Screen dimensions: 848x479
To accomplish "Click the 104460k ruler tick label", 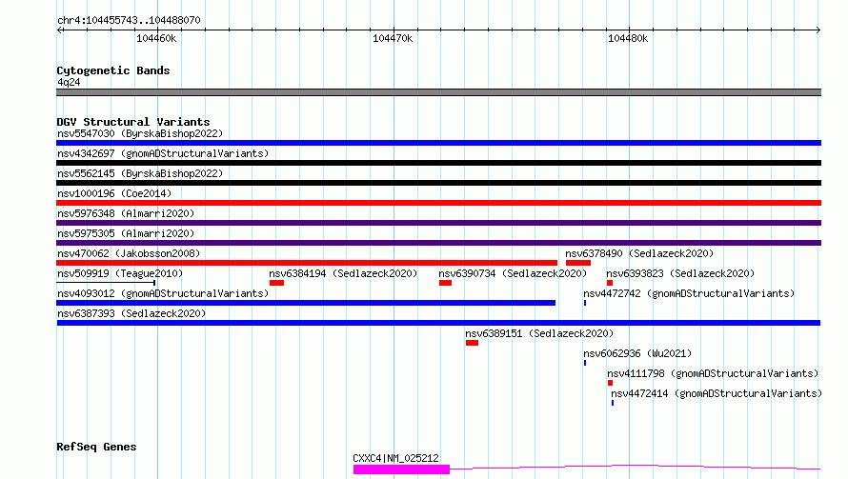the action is [156, 38].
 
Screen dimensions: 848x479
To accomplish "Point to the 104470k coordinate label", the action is [393, 38].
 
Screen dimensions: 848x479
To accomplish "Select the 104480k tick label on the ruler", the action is [628, 38].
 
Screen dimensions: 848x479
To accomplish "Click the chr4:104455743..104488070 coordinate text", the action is [129, 20].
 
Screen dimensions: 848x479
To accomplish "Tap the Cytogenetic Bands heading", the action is [113, 70].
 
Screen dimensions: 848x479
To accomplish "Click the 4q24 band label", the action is [69, 82].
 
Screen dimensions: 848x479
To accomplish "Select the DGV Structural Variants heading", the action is [133, 122].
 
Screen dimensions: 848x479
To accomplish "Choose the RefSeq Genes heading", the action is [96, 447].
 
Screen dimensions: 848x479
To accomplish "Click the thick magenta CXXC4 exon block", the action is [401, 469].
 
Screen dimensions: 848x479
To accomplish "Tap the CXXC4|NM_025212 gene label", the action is [395, 458].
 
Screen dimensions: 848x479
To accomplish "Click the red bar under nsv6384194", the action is [277, 283].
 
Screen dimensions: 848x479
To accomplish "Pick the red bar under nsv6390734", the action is [446, 283].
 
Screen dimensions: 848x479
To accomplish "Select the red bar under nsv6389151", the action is [473, 343].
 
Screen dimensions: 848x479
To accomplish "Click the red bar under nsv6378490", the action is [578, 263].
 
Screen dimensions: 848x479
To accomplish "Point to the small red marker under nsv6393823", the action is [610, 283].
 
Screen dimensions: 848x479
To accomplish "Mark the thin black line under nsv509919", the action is [106, 282].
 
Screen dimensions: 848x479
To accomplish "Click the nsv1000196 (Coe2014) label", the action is [114, 193].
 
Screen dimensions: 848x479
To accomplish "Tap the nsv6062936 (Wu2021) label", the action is [637, 353].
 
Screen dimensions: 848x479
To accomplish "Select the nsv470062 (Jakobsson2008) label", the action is [129, 253].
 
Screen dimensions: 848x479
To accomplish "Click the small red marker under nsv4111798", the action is [610, 383].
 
